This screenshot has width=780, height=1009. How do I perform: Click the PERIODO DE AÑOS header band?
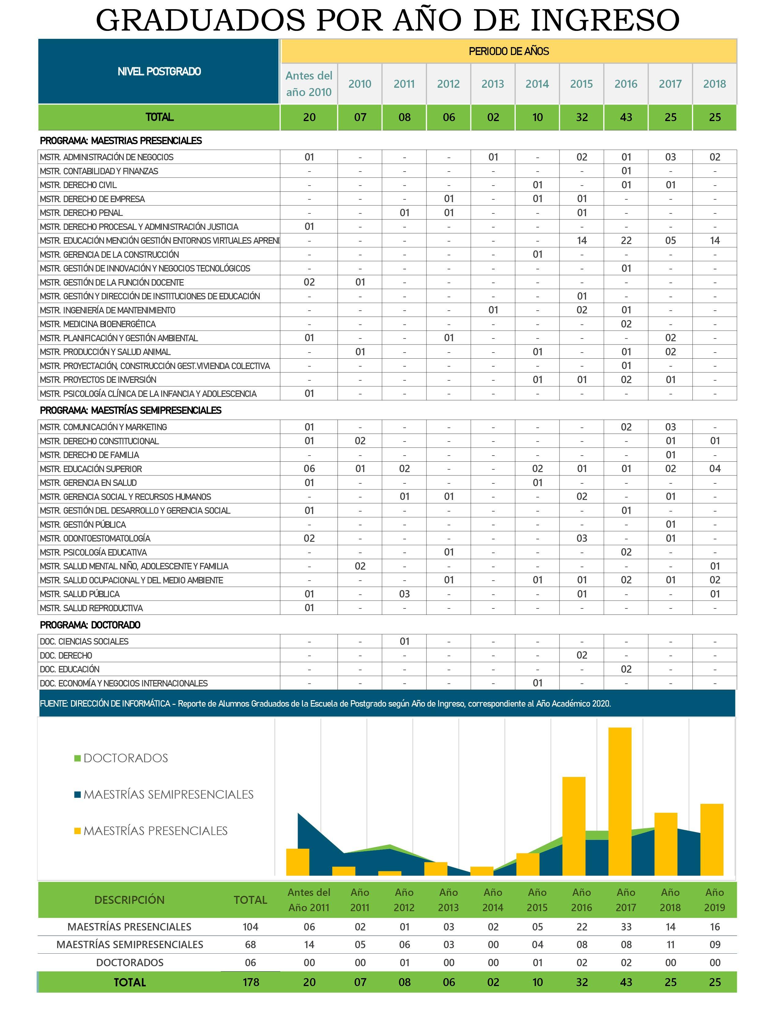(x=508, y=51)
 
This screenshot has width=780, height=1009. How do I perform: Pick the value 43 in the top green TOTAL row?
(x=626, y=117)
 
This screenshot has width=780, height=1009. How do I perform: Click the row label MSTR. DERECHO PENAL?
(x=81, y=213)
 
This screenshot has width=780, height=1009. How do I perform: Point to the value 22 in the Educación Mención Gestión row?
(x=626, y=241)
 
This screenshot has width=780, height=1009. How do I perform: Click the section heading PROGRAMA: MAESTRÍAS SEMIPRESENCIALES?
(x=131, y=410)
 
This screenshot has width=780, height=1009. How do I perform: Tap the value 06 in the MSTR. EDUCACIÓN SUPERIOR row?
(x=309, y=469)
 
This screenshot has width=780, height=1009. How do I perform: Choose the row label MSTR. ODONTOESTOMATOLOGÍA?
(x=95, y=538)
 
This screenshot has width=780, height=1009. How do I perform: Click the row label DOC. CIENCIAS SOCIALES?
(x=84, y=641)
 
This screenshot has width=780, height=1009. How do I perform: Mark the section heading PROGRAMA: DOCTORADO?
(x=90, y=625)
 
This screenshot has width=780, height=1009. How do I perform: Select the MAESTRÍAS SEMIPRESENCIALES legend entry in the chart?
(x=164, y=795)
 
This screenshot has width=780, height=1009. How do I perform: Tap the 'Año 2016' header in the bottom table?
(x=581, y=900)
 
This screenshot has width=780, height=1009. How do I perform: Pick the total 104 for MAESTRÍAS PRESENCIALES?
(x=251, y=926)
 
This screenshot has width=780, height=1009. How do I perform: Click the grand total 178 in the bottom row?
(x=251, y=982)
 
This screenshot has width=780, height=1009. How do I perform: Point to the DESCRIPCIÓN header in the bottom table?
(x=129, y=900)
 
